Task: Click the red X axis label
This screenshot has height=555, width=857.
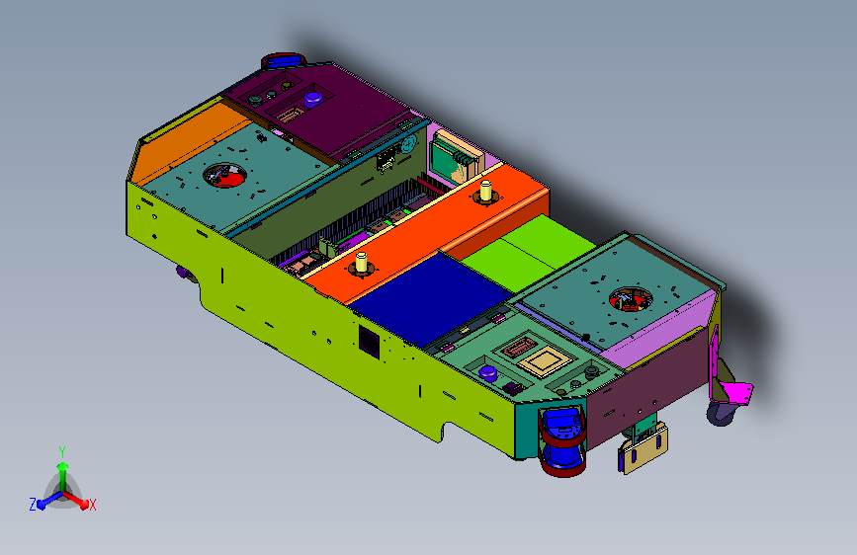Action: click(92, 506)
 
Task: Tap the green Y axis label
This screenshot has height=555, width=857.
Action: click(62, 451)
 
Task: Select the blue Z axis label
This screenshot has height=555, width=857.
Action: click(33, 505)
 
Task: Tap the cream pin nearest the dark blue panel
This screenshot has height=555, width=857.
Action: click(361, 263)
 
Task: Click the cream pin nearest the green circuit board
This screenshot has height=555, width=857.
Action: click(485, 191)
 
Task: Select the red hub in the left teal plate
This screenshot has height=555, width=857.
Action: click(224, 177)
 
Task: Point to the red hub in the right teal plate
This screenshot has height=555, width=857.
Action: click(631, 300)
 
